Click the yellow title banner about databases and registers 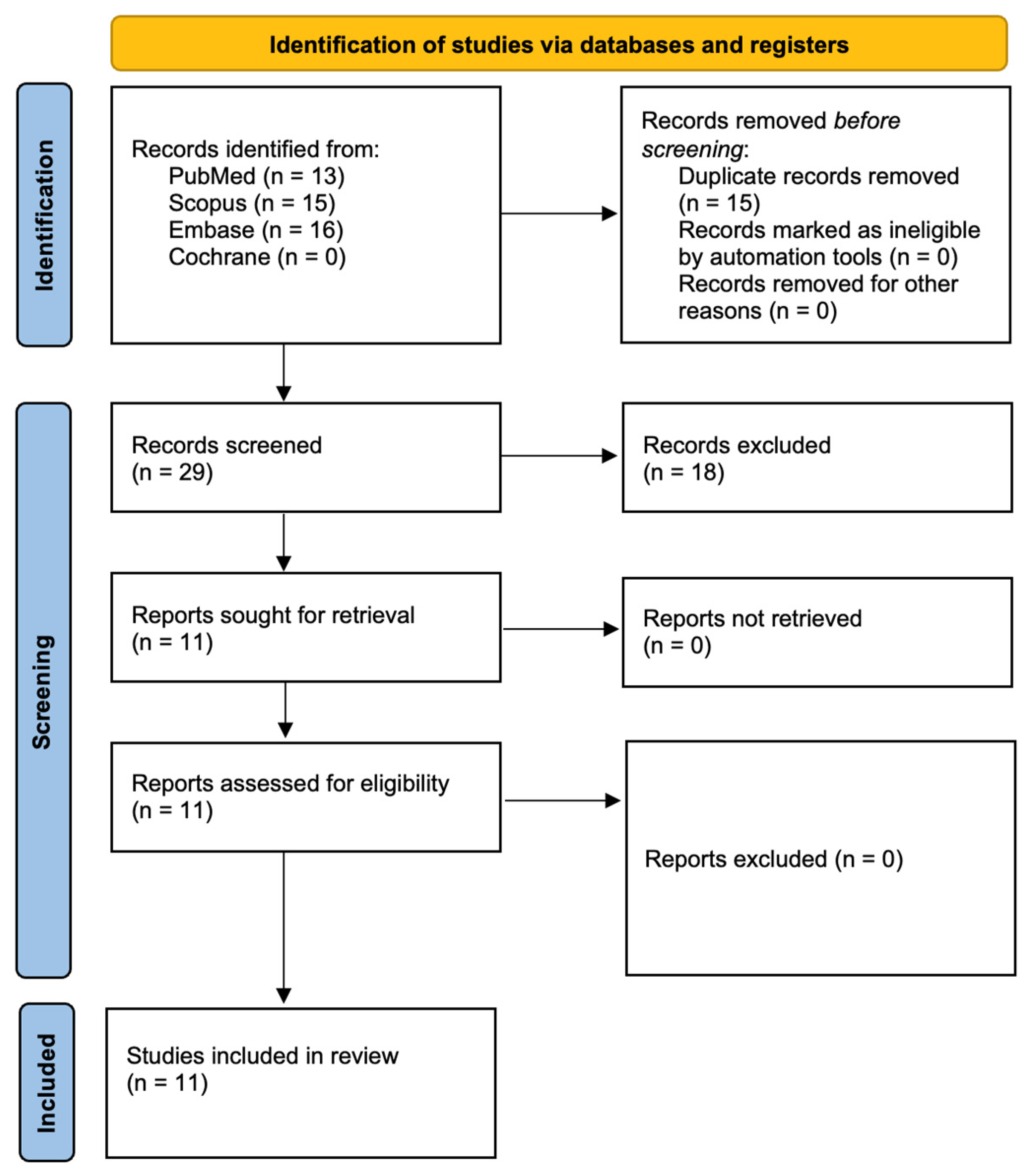pos(559,44)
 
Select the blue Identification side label pos(44,215)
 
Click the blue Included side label pos(46,1083)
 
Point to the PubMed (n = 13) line pos(256,176)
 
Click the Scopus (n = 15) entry pos(251,203)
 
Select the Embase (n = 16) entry pos(255,230)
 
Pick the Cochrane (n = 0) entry pos(257,257)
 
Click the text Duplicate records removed pos(818,176)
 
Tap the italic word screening pos(692,149)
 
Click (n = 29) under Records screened pos(172,472)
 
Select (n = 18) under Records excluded pos(683,472)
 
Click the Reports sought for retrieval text pos(273,615)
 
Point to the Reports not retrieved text pos(752,618)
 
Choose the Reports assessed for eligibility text pos(290,783)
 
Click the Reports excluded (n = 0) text pos(773,859)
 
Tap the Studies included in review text pos(262,1056)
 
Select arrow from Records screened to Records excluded pos(559,456)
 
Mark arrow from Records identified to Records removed pos(559,213)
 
